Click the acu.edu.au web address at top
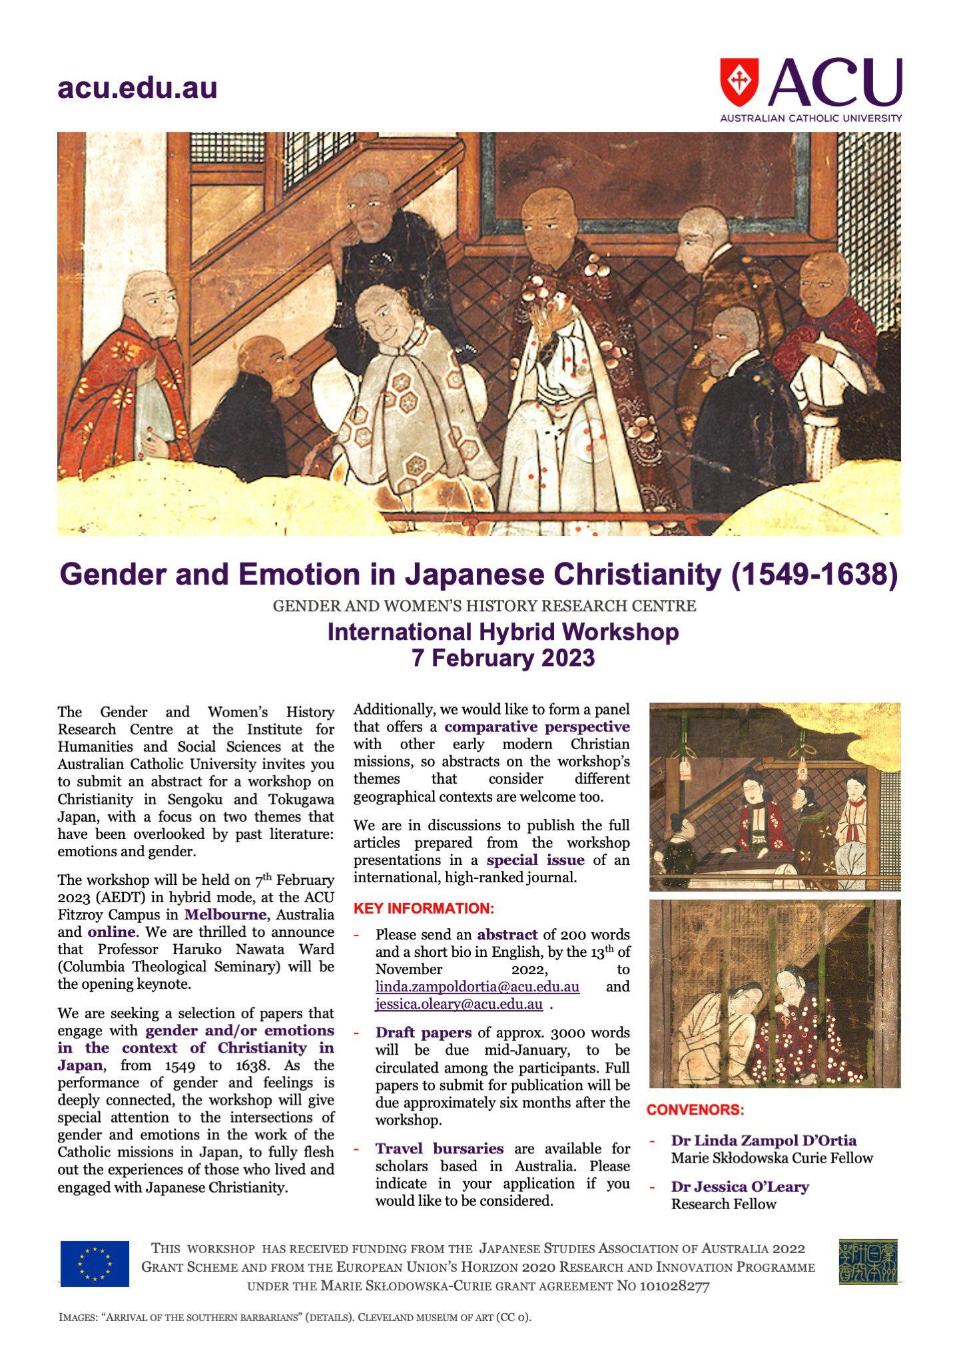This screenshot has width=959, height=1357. click(x=137, y=88)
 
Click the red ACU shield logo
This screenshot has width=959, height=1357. click(x=739, y=81)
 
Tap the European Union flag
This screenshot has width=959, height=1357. click(x=95, y=1264)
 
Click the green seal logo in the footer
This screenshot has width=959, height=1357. click(x=868, y=1262)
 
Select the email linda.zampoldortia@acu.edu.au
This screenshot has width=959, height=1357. click(x=477, y=987)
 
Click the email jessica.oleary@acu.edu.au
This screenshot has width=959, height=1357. click(x=458, y=1004)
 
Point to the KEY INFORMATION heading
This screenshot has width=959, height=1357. click(x=424, y=909)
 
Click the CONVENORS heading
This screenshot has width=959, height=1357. click(x=695, y=1110)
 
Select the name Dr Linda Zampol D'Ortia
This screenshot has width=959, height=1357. click(x=763, y=1141)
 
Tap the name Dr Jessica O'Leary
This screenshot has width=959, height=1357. click(x=739, y=1187)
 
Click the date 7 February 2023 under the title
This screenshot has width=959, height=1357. click(x=503, y=658)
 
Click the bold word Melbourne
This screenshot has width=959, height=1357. click(x=225, y=914)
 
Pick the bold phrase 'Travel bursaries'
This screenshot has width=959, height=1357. click(x=439, y=1149)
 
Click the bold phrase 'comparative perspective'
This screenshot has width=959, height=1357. click(x=537, y=726)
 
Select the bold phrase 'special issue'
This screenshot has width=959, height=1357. click(x=535, y=860)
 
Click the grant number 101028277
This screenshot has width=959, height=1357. click(x=674, y=1286)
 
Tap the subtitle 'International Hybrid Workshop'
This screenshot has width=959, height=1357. click(x=503, y=631)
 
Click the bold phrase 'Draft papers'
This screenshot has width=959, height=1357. click(x=424, y=1033)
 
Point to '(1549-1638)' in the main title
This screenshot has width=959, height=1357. click(x=814, y=575)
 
